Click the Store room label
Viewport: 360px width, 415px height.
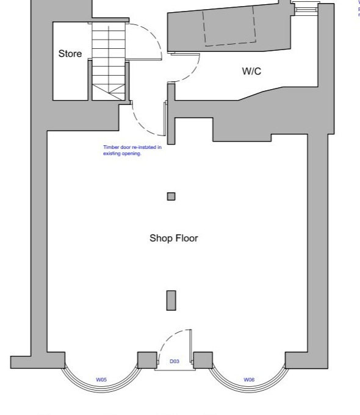[70, 54]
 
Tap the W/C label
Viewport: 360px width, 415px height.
[251, 71]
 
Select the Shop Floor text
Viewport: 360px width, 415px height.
[174, 238]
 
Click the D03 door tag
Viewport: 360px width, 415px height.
[175, 362]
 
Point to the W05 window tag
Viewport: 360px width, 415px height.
[101, 380]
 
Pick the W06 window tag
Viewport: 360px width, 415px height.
[249, 380]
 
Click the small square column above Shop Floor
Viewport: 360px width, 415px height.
[171, 197]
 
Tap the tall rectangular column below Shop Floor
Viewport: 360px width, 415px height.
[171, 300]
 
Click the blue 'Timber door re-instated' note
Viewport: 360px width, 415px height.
[132, 150]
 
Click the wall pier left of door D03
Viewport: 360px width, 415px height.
[146, 360]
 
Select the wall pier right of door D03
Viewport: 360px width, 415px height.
[203, 360]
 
